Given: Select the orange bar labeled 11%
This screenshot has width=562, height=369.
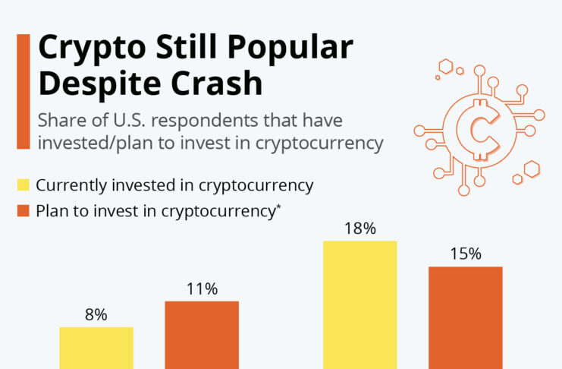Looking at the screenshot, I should point(202,335).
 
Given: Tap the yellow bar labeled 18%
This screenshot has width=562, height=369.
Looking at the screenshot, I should point(359,304).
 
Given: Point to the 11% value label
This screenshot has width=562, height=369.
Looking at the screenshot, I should point(202,289).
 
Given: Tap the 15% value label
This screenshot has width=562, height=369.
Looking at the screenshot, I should point(466,254).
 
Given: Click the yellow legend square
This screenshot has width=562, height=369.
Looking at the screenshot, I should point(23,185).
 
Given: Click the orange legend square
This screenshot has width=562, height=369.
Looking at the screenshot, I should point(23,210).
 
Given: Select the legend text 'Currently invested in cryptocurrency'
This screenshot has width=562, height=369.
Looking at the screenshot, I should point(174,185).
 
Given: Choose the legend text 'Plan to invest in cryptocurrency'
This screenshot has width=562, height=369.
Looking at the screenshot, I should point(154,210).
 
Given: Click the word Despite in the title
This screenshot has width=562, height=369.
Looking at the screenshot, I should point(99,84).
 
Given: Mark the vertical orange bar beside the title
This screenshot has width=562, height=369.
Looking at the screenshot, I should point(23,91).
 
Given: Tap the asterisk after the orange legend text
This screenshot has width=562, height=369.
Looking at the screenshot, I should point(279,206).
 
